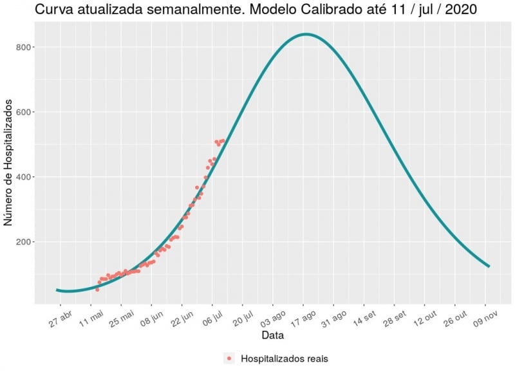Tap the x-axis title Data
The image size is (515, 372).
[x=272, y=335]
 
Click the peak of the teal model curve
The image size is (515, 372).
[x=306, y=34]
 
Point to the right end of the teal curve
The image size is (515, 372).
[x=489, y=266]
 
